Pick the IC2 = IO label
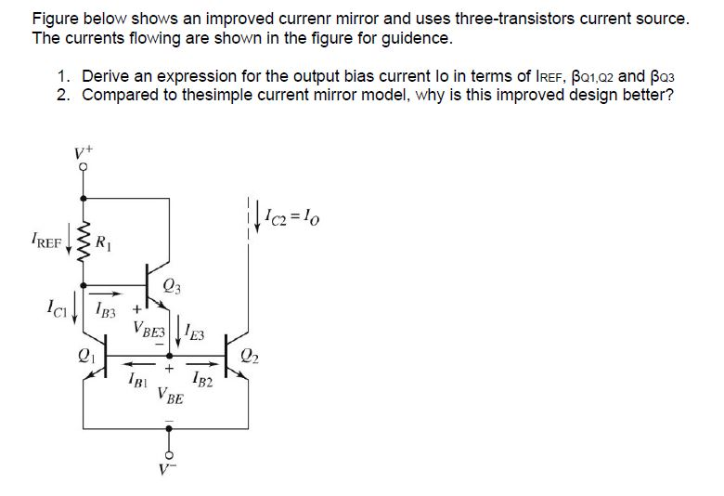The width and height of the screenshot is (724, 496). tap(291, 218)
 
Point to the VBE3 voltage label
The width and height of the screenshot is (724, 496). tap(150, 329)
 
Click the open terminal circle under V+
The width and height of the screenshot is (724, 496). tap(84, 168)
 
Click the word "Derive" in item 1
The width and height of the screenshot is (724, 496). tap(107, 76)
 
